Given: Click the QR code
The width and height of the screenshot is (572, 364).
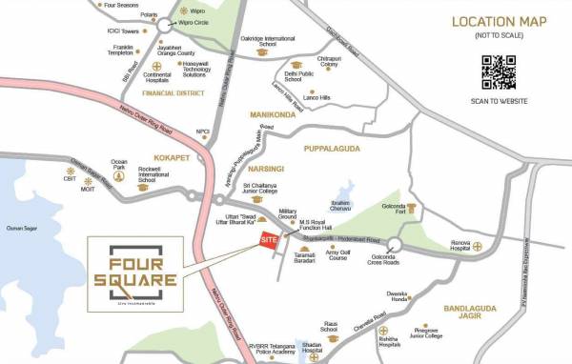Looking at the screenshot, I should [x=500, y=71].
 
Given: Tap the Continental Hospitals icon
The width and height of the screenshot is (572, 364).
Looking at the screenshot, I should [x=157, y=67].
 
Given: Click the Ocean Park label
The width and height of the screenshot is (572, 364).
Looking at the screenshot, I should [x=119, y=166].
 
